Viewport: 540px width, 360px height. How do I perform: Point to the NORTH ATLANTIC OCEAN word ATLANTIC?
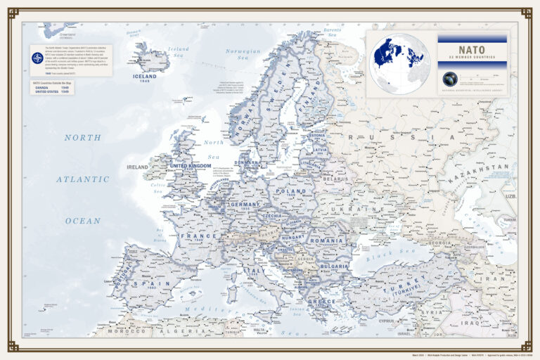tap(83, 179)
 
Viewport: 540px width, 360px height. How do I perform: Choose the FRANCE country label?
tap(198, 236)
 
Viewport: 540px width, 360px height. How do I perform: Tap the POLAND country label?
tap(291, 191)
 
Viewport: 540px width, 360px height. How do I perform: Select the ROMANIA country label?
tap(326, 240)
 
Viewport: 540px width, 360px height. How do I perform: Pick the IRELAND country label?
tap(137, 167)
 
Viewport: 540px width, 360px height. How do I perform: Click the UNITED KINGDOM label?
tap(190, 166)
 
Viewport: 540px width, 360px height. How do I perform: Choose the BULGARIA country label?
tap(334, 266)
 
